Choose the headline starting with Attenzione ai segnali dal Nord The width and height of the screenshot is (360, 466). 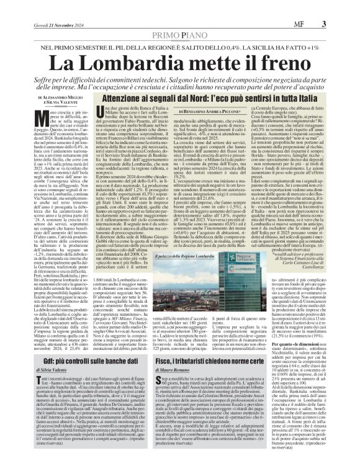click(211, 97)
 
